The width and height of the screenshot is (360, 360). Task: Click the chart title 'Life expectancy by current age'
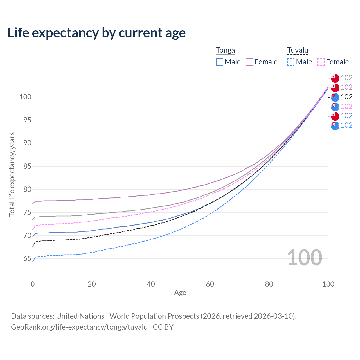(x=96, y=33)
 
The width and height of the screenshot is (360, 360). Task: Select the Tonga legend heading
(x=225, y=50)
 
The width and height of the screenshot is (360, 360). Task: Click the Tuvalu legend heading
(x=298, y=50)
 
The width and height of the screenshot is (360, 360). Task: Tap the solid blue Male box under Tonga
(x=219, y=62)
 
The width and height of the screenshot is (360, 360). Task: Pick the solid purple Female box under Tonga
(x=249, y=62)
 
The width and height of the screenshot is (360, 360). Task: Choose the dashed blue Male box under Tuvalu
(x=291, y=62)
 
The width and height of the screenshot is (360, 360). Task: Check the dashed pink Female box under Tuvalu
(x=321, y=62)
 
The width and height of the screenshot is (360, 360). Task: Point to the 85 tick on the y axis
(x=27, y=166)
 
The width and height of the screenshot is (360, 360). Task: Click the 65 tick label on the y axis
(x=27, y=258)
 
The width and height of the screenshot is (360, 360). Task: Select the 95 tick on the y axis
(x=27, y=120)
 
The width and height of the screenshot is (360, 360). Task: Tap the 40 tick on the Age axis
(x=151, y=284)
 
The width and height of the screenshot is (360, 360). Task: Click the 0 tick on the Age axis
(x=33, y=284)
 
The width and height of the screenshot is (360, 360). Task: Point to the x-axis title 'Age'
(x=180, y=293)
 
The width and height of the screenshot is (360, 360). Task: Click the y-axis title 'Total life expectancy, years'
(x=12, y=175)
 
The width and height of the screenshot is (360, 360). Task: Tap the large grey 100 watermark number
(x=305, y=258)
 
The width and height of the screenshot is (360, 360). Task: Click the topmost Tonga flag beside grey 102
(x=335, y=78)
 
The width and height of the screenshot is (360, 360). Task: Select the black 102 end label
(x=346, y=97)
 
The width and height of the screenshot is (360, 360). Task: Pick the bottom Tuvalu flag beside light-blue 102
(x=335, y=126)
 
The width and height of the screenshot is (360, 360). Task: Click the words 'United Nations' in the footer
(x=80, y=316)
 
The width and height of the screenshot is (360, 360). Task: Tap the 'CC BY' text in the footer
(x=163, y=327)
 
